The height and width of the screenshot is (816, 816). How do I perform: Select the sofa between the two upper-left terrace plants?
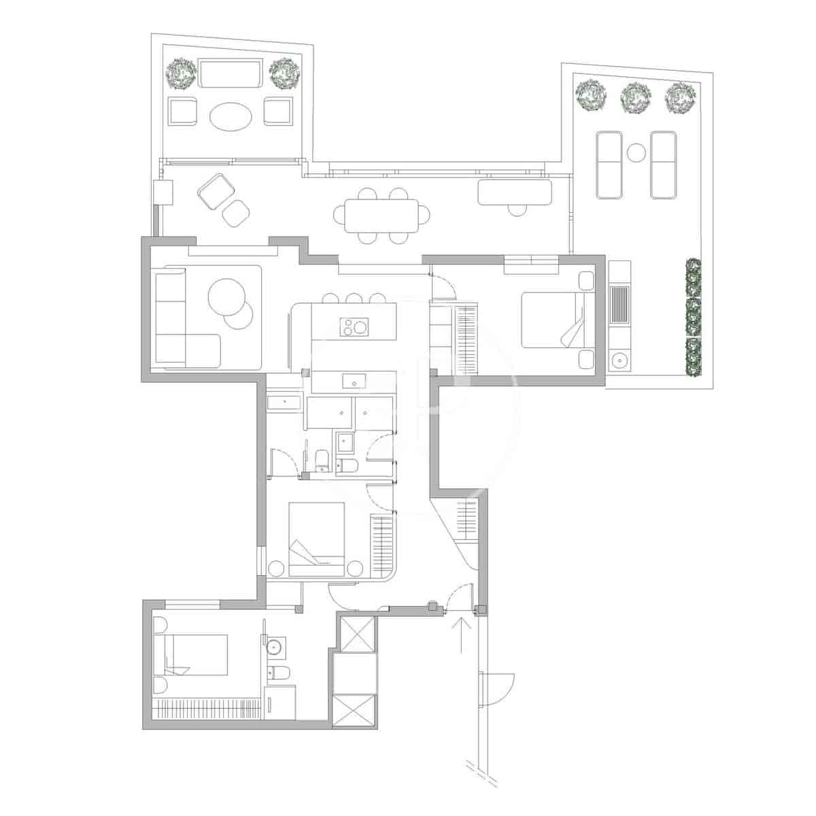[231, 73]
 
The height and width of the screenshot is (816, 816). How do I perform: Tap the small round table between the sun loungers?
[636, 153]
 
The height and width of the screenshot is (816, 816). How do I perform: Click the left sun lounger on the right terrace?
[609, 165]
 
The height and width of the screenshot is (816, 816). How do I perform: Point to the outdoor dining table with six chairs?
[381, 215]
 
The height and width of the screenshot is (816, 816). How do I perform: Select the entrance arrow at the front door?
[462, 632]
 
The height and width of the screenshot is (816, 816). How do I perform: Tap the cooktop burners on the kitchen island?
[354, 327]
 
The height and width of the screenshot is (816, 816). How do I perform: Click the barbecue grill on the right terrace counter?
[619, 305]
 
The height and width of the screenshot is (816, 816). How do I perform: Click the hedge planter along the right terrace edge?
[692, 317]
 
